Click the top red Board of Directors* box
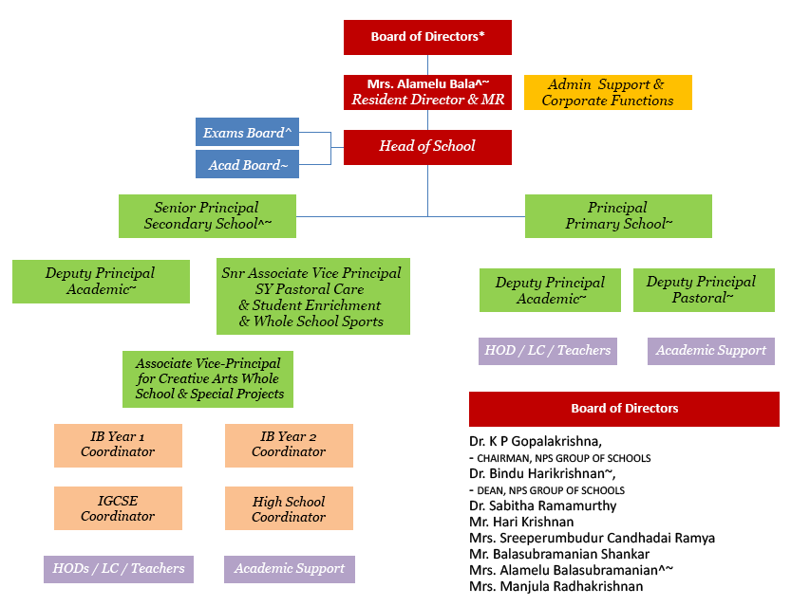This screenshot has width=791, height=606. point(427,37)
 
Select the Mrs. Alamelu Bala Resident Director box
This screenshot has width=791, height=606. point(427,92)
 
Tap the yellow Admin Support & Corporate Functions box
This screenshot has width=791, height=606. point(608,92)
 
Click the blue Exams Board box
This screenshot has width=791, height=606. point(247,133)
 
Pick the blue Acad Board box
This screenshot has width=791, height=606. point(247,164)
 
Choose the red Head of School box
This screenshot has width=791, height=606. point(427,147)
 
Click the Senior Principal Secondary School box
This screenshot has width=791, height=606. point(207,215)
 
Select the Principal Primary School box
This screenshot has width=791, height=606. point(618,215)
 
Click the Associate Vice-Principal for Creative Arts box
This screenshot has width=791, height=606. point(208,378)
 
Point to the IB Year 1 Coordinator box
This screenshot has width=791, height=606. point(118,445)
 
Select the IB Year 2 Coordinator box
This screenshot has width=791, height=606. point(289,445)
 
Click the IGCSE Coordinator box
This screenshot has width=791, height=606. point(118,508)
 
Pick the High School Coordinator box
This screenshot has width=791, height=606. point(289,508)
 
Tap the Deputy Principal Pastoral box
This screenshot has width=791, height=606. point(702,289)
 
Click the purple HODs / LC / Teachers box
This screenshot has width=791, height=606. point(118,568)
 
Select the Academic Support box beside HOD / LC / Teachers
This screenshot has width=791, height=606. point(711,350)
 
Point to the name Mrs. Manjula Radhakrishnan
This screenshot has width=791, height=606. point(556,586)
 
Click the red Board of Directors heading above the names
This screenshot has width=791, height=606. point(624,409)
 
